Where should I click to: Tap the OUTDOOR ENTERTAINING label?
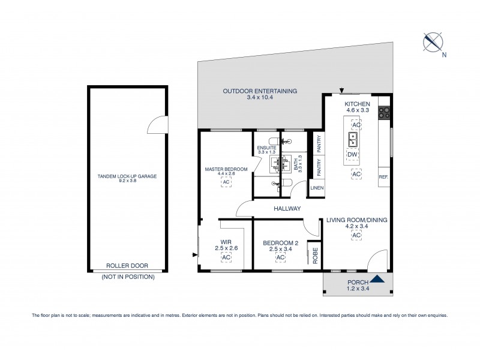tap(260, 91)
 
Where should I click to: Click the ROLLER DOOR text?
tap(127, 265)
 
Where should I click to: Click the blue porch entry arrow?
tap(377, 278)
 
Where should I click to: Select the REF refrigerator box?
tap(383, 177)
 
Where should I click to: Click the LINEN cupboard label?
tap(317, 188)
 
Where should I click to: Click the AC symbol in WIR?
tap(226, 257)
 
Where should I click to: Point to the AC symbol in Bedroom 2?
tap(280, 257)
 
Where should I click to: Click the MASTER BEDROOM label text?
tap(226, 170)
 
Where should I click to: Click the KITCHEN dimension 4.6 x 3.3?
tap(356, 110)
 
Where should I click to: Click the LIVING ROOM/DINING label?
tap(356, 220)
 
